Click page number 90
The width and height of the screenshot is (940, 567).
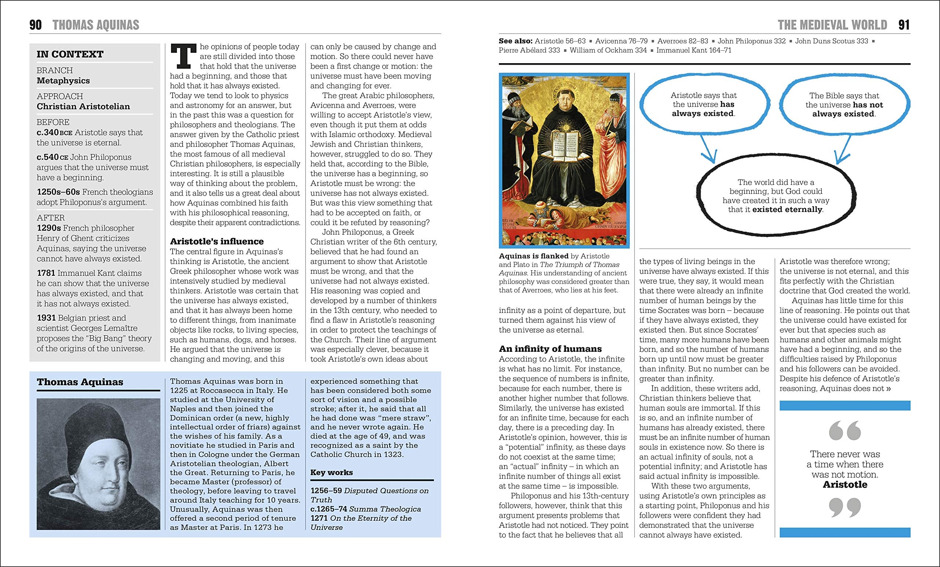(x=36, y=25)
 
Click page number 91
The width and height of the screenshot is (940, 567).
(x=904, y=25)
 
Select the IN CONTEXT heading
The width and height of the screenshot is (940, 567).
(x=70, y=54)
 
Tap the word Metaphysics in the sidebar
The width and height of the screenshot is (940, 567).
(x=63, y=80)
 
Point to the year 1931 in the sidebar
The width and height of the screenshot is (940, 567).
(x=46, y=318)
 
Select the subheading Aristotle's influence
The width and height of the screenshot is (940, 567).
(x=217, y=242)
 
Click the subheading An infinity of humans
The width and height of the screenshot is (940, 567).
(x=550, y=349)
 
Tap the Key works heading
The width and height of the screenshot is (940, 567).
(x=332, y=472)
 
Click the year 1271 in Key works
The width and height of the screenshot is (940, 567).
(x=319, y=518)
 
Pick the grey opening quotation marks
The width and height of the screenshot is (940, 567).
(x=845, y=430)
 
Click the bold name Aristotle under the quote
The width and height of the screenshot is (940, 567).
(x=845, y=485)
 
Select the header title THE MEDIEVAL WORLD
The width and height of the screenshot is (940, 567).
(x=832, y=25)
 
